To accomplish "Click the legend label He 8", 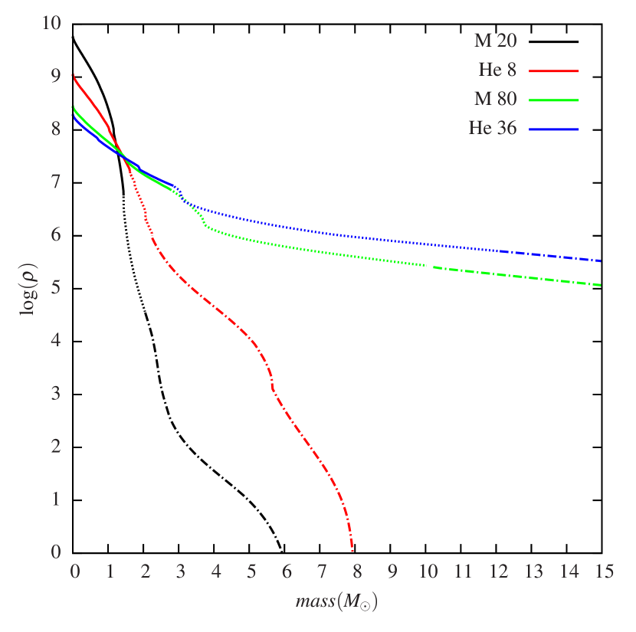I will point(497,70).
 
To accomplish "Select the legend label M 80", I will point(495,99).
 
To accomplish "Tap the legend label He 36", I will point(493,129).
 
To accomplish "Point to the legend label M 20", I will point(495,41).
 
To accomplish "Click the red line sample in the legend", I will point(552,70).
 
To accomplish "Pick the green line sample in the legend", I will point(552,100).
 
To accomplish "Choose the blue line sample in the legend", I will point(552,129).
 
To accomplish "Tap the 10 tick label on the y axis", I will point(51,23).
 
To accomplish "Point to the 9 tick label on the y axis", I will point(56,76).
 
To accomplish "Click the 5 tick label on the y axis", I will point(56,287).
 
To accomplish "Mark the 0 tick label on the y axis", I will point(56,552).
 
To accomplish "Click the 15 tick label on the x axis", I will point(605,571).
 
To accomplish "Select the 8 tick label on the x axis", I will point(357,571).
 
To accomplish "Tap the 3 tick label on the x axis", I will point(181,571).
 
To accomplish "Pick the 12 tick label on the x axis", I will point(498,571).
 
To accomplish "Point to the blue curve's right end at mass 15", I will point(601,261).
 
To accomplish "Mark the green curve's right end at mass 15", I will point(601,285).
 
